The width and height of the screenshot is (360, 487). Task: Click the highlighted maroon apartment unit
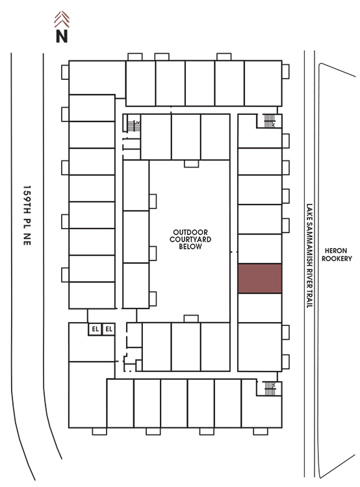click(260, 279)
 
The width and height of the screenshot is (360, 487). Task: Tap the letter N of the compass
click(62, 36)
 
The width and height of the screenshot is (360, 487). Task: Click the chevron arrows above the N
click(62, 19)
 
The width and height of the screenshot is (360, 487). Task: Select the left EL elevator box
click(95, 329)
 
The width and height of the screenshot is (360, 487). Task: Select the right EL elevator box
click(109, 329)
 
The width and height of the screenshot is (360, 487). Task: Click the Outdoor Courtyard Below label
click(190, 239)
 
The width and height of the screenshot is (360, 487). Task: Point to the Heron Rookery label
click(337, 255)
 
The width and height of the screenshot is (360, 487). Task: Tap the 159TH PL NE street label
click(27, 215)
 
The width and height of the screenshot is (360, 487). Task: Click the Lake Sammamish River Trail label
click(309, 256)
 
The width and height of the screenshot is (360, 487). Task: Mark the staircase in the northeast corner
click(269, 121)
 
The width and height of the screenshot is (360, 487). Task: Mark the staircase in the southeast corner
click(270, 388)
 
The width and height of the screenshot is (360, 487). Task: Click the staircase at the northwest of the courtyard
click(134, 126)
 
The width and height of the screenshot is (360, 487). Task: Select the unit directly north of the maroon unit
click(260, 249)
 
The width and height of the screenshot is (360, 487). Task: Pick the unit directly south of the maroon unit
click(260, 308)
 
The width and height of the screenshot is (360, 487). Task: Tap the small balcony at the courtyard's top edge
click(191, 164)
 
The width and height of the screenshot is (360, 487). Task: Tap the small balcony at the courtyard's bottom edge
click(191, 319)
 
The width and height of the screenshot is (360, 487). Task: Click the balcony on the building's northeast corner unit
click(286, 71)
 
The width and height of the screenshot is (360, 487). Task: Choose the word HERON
click(336, 251)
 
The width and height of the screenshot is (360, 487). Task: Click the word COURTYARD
click(190, 239)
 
